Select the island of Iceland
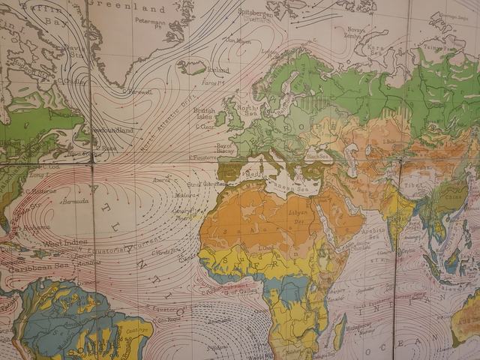coord(193,67)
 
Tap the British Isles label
coord(203,113)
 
